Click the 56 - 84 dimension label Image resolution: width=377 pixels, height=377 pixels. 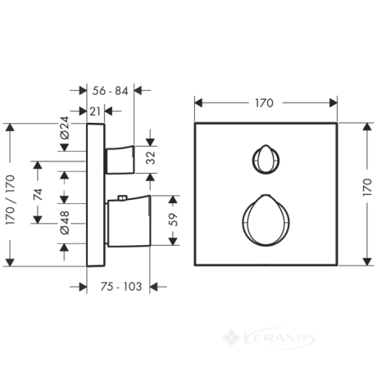(x=110, y=91)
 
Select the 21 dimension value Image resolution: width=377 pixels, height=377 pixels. (x=95, y=111)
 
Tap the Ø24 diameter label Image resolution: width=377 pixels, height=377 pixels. (x=65, y=128)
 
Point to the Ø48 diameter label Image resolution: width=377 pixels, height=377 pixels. (x=65, y=223)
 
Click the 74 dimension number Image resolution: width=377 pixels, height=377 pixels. (x=38, y=194)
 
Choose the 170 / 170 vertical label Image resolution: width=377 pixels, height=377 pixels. (x=10, y=200)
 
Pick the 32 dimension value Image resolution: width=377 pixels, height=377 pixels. (x=151, y=157)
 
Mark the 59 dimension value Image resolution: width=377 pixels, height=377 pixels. (x=173, y=220)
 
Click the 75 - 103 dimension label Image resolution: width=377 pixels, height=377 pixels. (x=121, y=287)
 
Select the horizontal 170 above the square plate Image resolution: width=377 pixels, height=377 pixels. (x=264, y=103)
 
